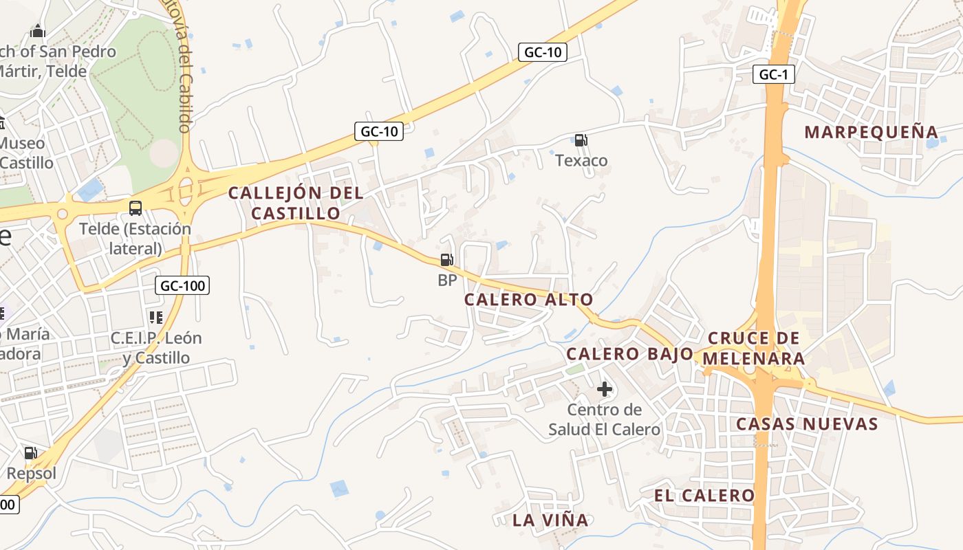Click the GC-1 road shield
coord(773,74)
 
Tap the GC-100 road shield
coord(182,285)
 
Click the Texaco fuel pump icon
coord(581,140)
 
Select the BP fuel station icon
coord(447,260)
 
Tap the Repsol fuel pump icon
coord(31,452)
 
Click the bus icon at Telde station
coord(136,208)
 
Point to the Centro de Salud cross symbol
coord(605,389)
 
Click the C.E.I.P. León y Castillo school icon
coord(156,318)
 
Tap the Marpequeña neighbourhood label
coord(871,132)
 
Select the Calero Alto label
coord(528,300)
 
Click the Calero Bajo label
coord(629,354)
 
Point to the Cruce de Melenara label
coord(755,349)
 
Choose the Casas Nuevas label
coord(807,423)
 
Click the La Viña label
coord(550,520)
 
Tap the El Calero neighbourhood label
coord(704,496)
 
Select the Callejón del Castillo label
coord(296,203)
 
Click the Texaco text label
coord(581,161)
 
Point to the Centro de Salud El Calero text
coord(604,420)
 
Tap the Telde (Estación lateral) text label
coord(135,239)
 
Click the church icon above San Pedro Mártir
coord(38,31)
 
